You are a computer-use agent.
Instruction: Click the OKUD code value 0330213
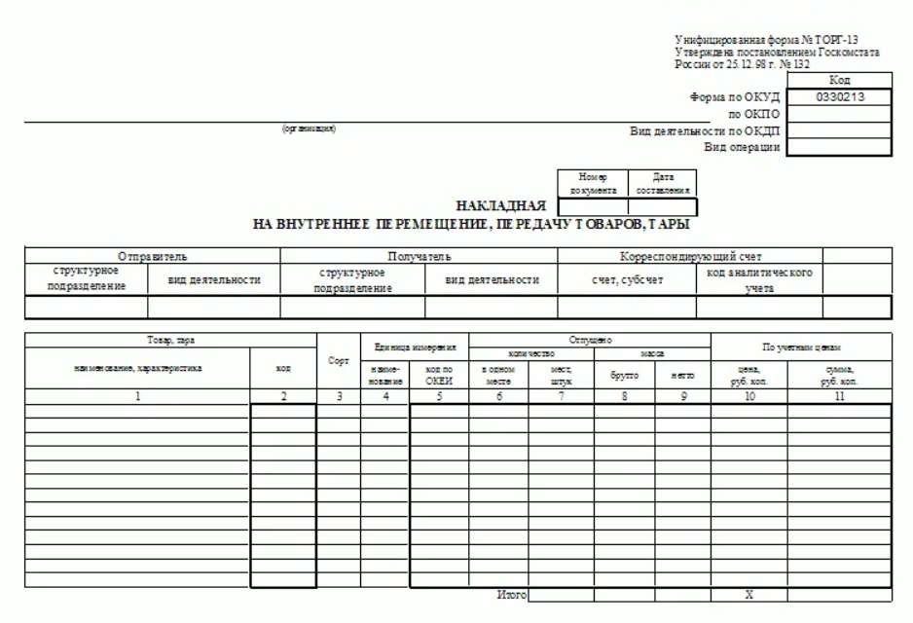839,97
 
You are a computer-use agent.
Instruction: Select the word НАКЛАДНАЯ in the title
500,206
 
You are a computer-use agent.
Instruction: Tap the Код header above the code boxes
839,81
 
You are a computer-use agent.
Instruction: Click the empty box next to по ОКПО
839,115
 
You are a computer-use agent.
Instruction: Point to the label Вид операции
742,147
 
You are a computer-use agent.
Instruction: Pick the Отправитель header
153,256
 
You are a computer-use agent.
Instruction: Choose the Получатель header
419,256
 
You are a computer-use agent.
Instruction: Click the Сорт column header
338,361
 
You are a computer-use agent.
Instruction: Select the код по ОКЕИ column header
439,375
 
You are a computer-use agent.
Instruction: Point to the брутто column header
624,375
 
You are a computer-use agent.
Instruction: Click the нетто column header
682,375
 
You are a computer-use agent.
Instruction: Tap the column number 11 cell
839,397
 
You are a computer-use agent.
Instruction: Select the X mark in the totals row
749,593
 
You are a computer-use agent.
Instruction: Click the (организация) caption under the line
309,129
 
